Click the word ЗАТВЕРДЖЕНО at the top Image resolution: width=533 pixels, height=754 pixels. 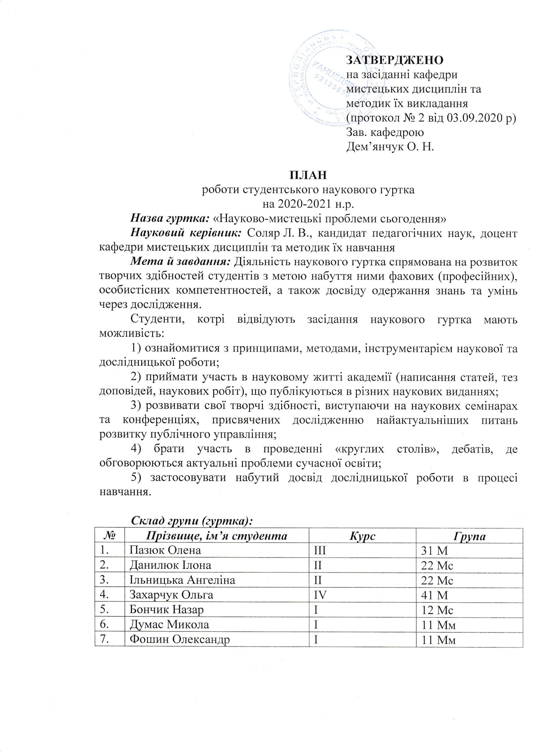pos(395,60)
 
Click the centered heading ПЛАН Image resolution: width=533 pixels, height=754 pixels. pos(307,175)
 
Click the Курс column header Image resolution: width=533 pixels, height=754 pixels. pos(362,536)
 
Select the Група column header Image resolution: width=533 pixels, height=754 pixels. pos(470,536)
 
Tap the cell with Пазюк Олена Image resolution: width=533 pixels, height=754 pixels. pos(165,551)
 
